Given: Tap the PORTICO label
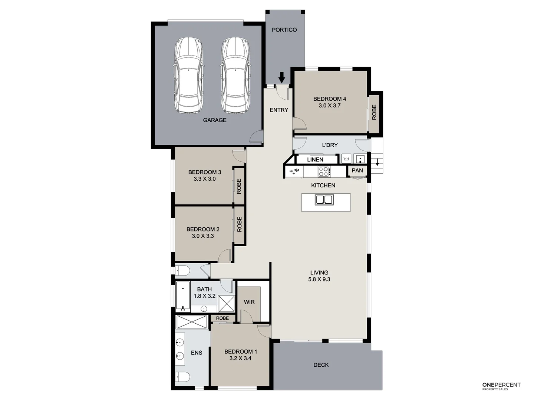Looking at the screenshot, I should point(284,30).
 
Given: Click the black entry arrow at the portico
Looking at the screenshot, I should point(282,77).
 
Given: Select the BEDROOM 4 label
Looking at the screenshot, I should point(329,99).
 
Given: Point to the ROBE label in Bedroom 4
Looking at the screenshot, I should point(374,112).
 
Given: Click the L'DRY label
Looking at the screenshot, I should point(330,145).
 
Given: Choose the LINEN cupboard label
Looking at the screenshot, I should point(315,160).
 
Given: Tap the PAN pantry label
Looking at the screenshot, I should point(357,170).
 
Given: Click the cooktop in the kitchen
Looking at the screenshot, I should point(324,171).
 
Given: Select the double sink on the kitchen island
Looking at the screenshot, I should point(324,200).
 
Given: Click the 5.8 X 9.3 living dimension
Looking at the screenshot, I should point(319,279).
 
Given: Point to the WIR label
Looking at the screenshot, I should point(249,302).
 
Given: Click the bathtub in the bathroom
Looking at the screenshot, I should point(183,297).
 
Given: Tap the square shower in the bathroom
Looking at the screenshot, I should point(226,304).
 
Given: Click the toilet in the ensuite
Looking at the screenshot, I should point(183,377).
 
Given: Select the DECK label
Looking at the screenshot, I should point(321,365).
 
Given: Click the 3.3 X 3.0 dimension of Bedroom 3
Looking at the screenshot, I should point(204,179).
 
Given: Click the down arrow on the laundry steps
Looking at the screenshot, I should point(377,162).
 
